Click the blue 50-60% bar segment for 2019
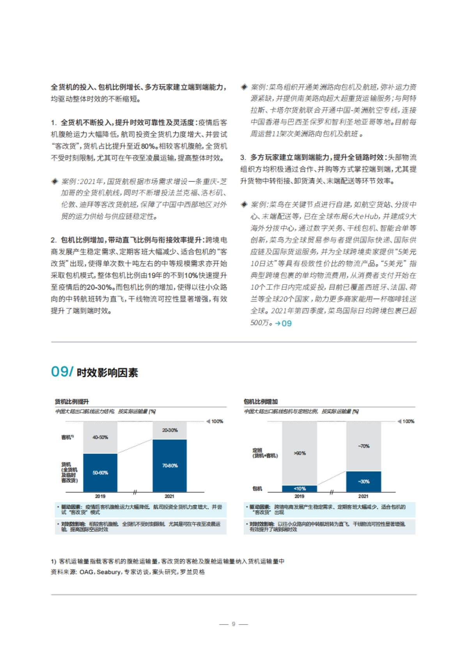[x=100, y=473]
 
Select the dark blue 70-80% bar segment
[x=170, y=466]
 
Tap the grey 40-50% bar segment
[x=100, y=437]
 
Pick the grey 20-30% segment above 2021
[x=170, y=430]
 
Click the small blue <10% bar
[x=300, y=489]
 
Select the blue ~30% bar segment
[x=363, y=481]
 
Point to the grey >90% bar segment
[x=300, y=453]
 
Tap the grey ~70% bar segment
[x=363, y=446]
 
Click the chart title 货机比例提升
[x=72, y=402]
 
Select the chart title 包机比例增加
[x=261, y=402]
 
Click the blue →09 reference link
[x=283, y=323]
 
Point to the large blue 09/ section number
[x=62, y=372]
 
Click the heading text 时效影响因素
[x=107, y=373]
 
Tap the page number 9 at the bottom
[x=234, y=624]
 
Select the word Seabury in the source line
[x=108, y=572]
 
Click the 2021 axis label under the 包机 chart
[x=363, y=496]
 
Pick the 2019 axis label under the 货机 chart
[x=100, y=496]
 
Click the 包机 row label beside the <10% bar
[x=257, y=489]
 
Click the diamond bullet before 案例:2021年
[x=55, y=181]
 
